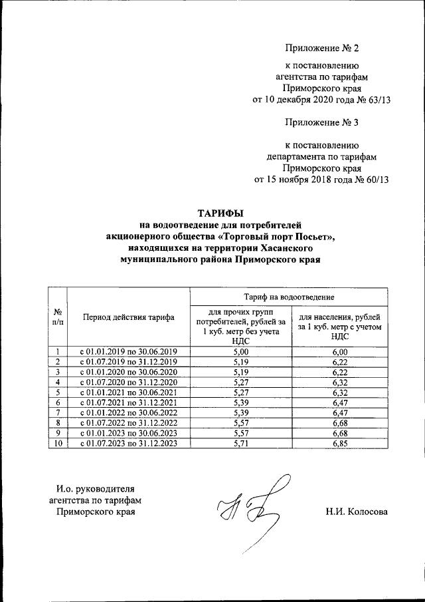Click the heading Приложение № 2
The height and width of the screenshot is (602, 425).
point(321,48)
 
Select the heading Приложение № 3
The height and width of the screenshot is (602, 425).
point(321,123)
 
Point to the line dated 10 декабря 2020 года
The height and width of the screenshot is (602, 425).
point(321,100)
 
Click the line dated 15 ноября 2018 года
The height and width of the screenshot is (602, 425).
point(321,179)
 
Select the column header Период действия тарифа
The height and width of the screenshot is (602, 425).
point(129,317)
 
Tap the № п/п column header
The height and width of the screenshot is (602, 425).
point(58,317)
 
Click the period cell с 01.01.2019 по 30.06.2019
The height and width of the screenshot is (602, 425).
point(129,352)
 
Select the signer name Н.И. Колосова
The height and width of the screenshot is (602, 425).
point(357,511)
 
